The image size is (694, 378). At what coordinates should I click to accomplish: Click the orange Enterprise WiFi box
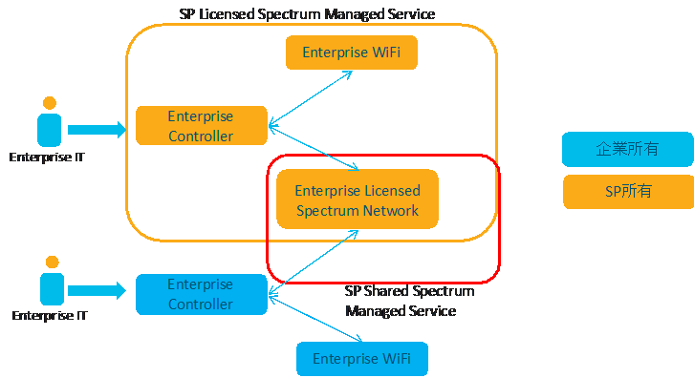[352, 52]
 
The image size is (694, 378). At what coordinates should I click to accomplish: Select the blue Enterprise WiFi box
[362, 359]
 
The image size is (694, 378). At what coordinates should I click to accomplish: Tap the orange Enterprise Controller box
[202, 126]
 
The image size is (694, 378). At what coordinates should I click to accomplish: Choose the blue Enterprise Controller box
[202, 294]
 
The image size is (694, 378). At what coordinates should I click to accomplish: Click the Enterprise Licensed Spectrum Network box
[358, 199]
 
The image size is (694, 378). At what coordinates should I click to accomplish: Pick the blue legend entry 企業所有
[628, 149]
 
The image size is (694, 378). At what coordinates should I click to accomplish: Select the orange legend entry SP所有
[628, 192]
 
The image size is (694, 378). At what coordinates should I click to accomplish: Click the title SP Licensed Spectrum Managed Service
[307, 14]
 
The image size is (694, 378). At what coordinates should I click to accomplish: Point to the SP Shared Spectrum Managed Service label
[409, 301]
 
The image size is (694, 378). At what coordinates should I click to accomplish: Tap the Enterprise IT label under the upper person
[47, 157]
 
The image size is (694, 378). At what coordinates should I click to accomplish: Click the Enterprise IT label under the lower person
[50, 316]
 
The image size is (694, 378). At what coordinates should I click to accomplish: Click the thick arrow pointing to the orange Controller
[97, 130]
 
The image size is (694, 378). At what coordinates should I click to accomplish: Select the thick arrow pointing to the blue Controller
[97, 290]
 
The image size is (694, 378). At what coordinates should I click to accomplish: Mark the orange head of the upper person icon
[50, 103]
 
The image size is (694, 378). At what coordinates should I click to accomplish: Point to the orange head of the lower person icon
[53, 262]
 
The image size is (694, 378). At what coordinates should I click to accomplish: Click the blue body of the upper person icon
[49, 130]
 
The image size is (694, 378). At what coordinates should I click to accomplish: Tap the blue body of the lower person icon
[53, 288]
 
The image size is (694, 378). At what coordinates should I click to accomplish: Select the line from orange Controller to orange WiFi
[311, 98]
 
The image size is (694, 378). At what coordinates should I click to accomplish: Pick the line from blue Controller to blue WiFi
[315, 319]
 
